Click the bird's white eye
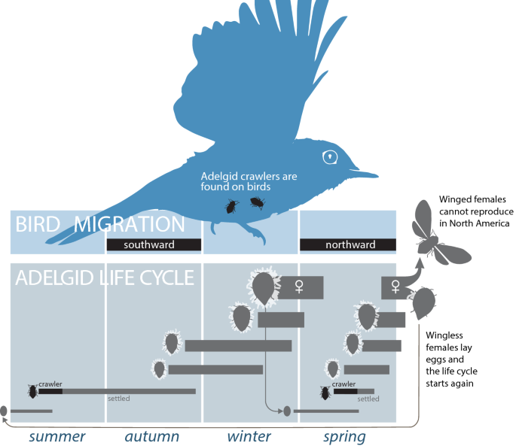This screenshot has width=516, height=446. click(x=330, y=156)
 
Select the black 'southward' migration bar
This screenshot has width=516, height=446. click(x=154, y=244)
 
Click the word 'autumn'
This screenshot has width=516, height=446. click(x=152, y=436)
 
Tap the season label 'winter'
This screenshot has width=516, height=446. click(x=249, y=436)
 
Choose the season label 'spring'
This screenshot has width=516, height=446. click(x=344, y=436)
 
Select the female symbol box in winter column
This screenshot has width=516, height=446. click(x=301, y=287)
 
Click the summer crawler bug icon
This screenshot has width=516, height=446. click(x=32, y=391)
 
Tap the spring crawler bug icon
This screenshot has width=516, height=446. click(x=325, y=392)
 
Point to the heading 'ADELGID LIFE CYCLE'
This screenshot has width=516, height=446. click(x=105, y=278)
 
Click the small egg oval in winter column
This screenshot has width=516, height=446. click(x=286, y=411)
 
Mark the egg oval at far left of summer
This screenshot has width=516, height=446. click(x=4, y=411)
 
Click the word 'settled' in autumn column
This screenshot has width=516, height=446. click(x=119, y=398)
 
